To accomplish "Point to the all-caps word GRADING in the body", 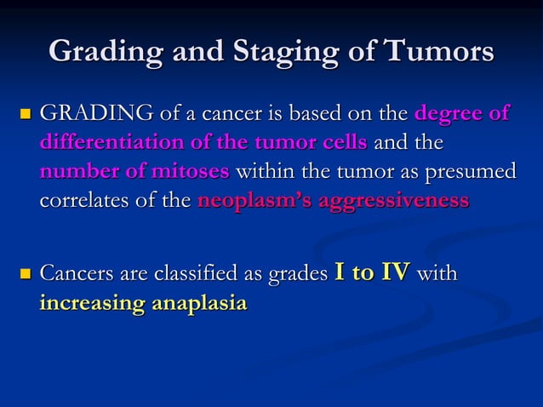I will (x=89, y=112).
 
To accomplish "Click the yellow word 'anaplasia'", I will (x=198, y=304).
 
